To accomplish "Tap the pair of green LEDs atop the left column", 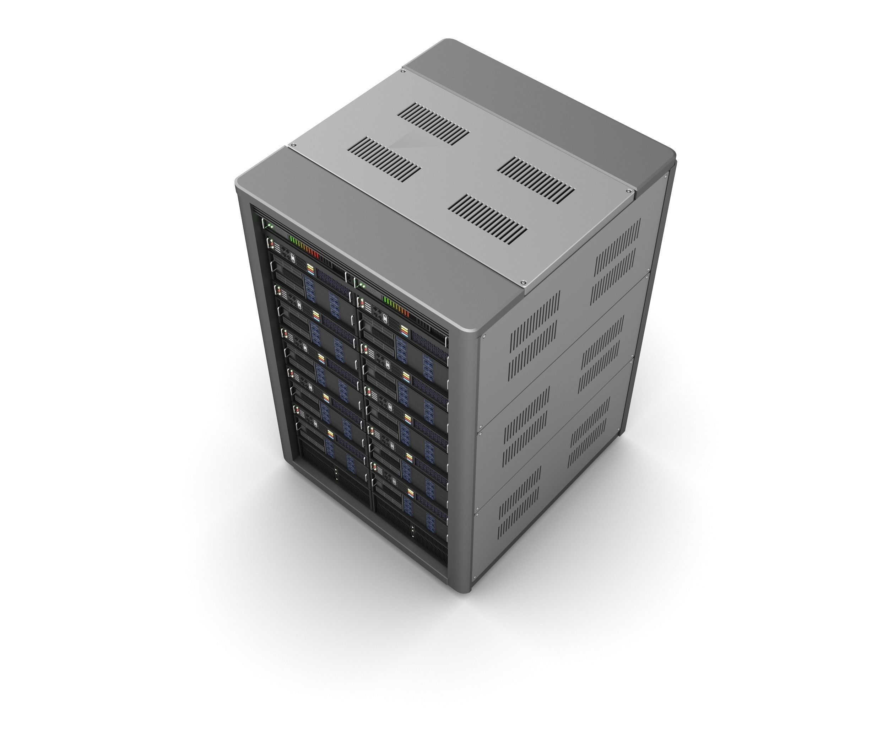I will [x=270, y=226].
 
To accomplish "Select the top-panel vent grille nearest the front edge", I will [x=487, y=219].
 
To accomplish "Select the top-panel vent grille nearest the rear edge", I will [x=433, y=123].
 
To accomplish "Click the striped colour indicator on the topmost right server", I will [x=404, y=331].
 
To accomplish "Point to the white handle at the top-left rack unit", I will [x=264, y=224].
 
